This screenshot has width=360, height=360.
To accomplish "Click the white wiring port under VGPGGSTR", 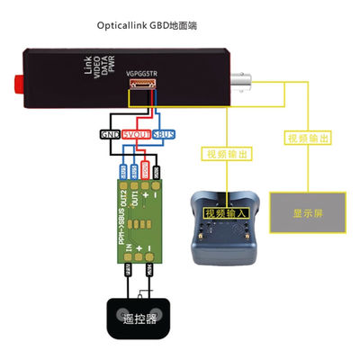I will [x=141, y=87].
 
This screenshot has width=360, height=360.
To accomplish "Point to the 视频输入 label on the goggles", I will [x=223, y=213].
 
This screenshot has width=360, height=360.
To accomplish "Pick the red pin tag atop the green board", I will [x=145, y=167].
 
